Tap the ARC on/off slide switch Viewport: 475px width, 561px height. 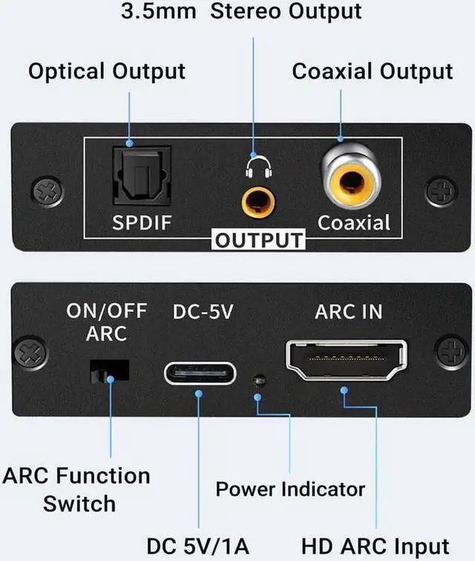(109, 371)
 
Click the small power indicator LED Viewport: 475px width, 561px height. (258, 381)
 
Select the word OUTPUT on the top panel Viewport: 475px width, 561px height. (259, 240)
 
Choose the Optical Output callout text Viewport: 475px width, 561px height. (106, 72)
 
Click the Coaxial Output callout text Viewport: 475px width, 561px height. (372, 72)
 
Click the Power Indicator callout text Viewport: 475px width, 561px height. (290, 489)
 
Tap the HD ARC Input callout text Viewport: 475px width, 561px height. (376, 545)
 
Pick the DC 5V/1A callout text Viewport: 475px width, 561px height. (198, 545)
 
